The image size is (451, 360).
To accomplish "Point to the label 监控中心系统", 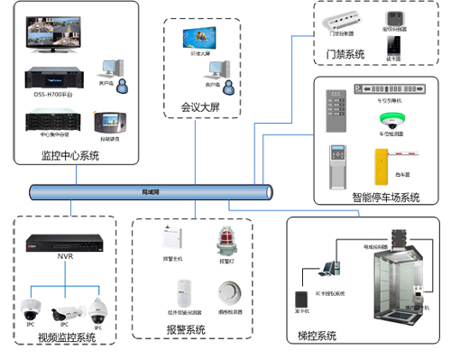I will tap(70, 156).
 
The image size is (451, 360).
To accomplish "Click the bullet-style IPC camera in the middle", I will tap(61, 315).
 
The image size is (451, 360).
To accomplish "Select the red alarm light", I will tap(225, 242).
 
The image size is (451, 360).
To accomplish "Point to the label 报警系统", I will tap(187, 330).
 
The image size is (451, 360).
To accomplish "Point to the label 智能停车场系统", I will tap(385, 198).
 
